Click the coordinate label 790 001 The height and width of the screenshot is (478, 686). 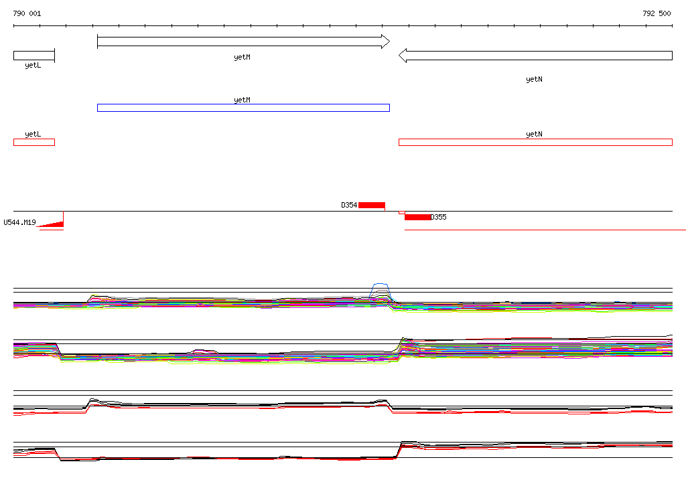click(x=27, y=13)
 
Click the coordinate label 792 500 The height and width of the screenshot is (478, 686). click(x=657, y=13)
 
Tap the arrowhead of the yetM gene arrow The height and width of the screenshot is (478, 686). click(x=385, y=42)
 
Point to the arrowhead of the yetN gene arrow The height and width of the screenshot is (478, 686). click(x=403, y=56)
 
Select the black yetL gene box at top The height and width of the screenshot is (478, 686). click(x=34, y=56)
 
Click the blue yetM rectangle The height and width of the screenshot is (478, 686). click(x=243, y=108)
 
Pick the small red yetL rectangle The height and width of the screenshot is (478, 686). click(x=34, y=142)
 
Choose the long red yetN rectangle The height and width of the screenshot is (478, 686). click(x=535, y=142)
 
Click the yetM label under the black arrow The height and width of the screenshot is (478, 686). click(x=243, y=57)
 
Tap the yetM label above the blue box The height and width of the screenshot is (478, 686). click(x=243, y=100)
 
